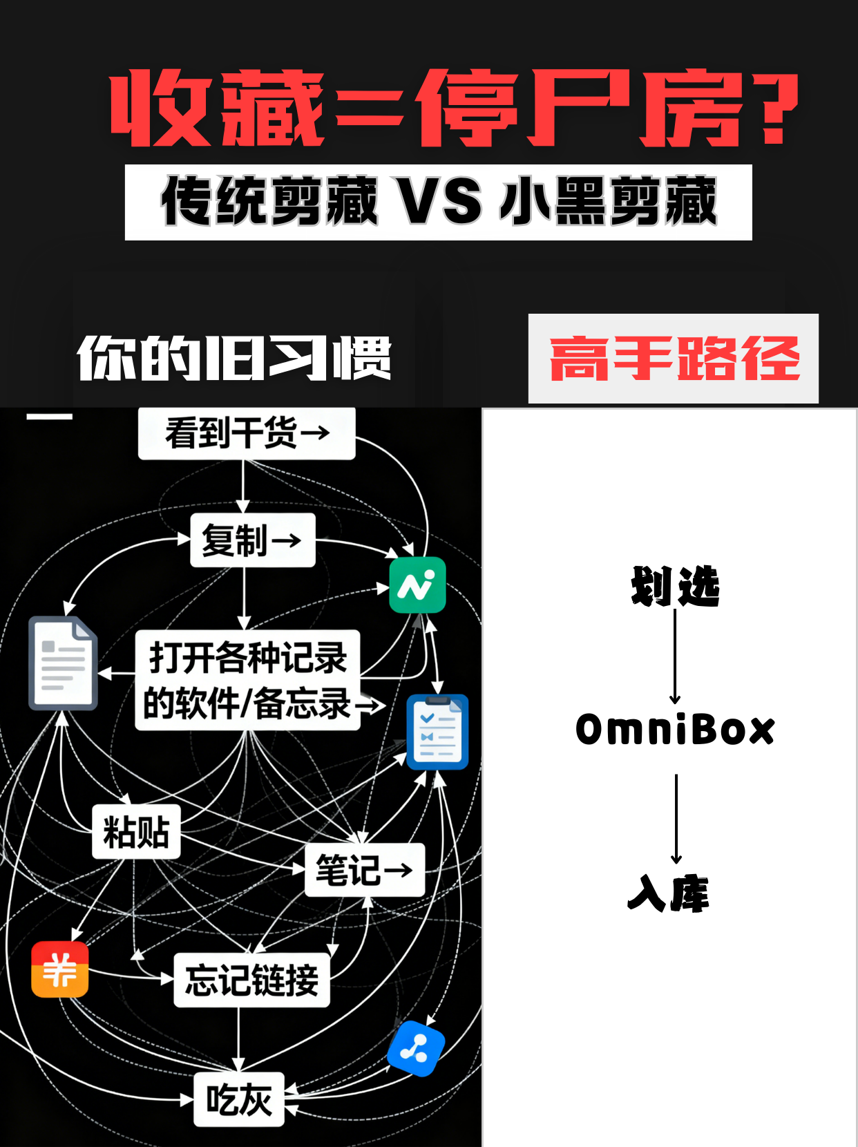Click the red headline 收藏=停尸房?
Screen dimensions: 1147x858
pos(452,108)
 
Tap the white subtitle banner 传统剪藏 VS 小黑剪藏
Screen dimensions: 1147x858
pos(438,202)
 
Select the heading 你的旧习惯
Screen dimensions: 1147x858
pos(234,358)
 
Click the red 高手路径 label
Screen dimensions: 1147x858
pos(674,359)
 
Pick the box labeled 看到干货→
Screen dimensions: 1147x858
pos(247,433)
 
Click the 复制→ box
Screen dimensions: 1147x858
pos(252,540)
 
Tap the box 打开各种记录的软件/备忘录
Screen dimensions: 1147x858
pos(248,680)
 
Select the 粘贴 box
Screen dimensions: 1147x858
pos(136,831)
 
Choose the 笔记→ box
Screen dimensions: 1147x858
pos(364,869)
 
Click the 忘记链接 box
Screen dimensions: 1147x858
pos(251,980)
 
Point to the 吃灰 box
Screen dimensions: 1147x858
pos(239,1099)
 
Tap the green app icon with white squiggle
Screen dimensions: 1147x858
pos(417,585)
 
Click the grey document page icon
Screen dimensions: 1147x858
pos(62,663)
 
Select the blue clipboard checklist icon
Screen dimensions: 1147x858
pos(437,732)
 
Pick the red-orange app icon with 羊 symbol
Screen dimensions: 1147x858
pos(60,969)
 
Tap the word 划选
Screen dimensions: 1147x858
pos(675,587)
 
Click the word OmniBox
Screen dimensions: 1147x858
pos(675,730)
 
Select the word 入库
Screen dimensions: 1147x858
pos(669,893)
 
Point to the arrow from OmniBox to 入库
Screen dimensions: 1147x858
pos(676,819)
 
